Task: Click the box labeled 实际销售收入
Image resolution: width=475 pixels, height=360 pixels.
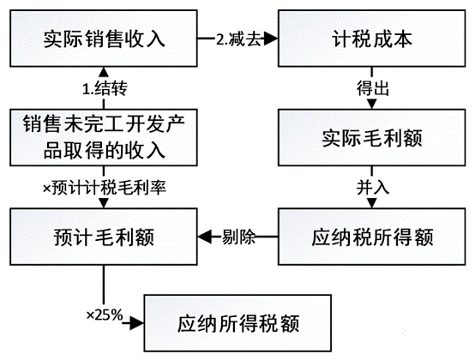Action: (103, 39)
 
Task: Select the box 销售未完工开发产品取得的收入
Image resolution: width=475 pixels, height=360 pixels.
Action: (103, 138)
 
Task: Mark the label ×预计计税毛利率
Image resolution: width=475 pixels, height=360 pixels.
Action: (103, 186)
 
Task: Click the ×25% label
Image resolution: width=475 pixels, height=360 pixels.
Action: (104, 314)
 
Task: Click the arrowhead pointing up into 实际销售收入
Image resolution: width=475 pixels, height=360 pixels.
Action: (103, 69)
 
